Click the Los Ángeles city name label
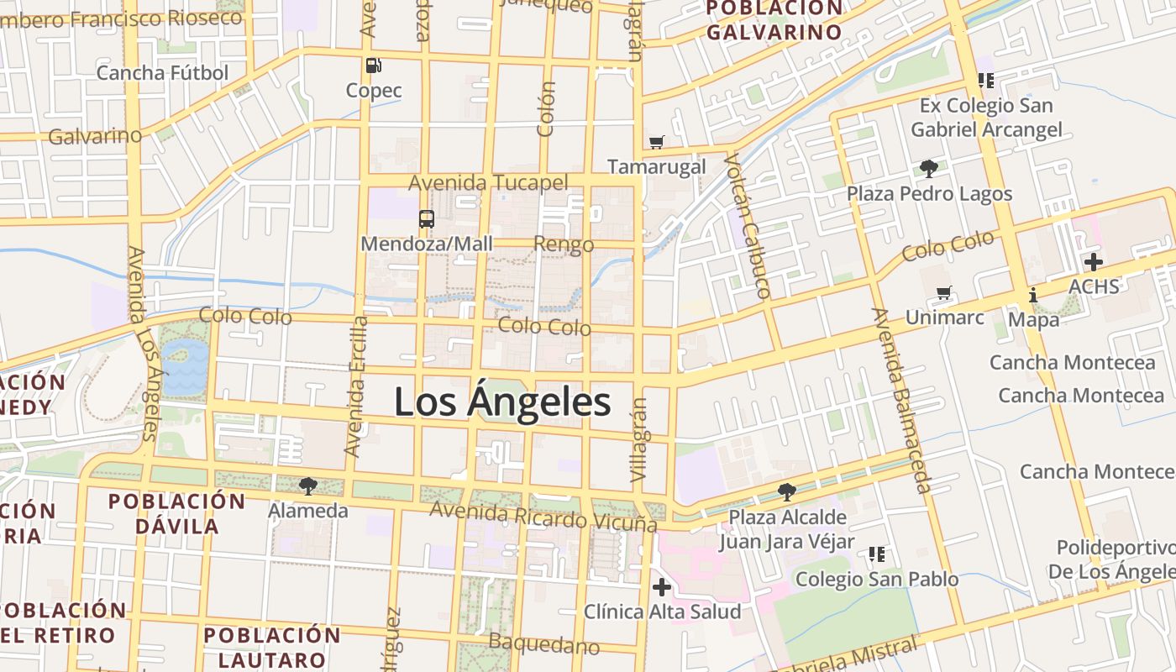(502, 402)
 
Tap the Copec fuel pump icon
(374, 65)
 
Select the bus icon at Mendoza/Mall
(427, 219)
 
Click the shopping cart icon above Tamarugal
(657, 142)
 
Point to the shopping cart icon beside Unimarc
(945, 293)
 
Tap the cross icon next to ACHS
(1093, 261)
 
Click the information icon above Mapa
(1033, 295)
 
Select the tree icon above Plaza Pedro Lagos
(929, 169)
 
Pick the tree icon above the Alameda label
(308, 486)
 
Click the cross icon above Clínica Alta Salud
(662, 586)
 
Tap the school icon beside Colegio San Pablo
(877, 554)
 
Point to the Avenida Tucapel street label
(488, 182)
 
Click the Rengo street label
(564, 245)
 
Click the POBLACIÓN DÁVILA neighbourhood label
(176, 514)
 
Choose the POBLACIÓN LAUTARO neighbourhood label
(272, 647)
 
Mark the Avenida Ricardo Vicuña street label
(543, 516)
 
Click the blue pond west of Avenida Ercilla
(185, 366)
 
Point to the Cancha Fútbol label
(162, 73)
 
